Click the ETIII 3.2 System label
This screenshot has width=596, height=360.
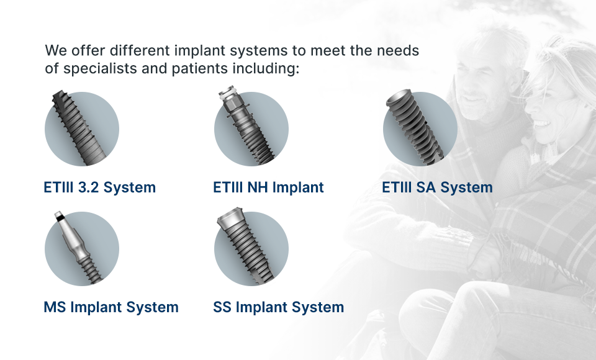(x=99, y=187)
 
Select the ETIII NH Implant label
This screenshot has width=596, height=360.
(x=268, y=187)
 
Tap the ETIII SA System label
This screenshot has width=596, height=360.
(x=437, y=187)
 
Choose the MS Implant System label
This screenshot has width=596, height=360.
(x=111, y=307)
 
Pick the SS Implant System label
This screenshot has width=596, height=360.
(x=279, y=307)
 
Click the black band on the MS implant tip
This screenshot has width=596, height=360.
(x=60, y=217)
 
